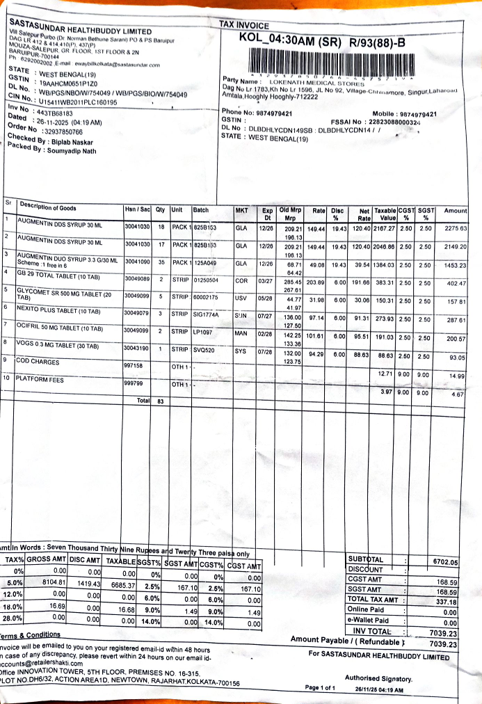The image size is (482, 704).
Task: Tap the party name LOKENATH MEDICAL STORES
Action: tap(309, 82)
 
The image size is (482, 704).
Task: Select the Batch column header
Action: tap(201, 209)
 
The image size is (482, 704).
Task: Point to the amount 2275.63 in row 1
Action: tap(455, 228)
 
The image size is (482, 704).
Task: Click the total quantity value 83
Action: tap(160, 401)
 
